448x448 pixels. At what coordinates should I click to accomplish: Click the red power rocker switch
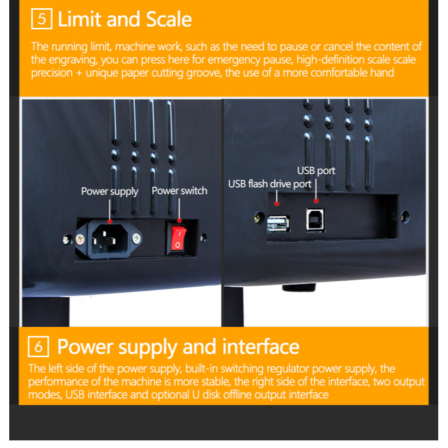(x=178, y=237)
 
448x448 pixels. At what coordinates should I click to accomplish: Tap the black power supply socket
(x=109, y=238)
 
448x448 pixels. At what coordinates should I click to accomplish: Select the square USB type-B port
(x=315, y=219)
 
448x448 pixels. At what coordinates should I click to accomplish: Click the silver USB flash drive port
(x=278, y=223)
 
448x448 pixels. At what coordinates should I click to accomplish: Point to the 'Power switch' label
(x=179, y=191)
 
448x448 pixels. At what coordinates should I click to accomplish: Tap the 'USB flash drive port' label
(x=269, y=184)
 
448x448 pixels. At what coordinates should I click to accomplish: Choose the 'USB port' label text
(x=316, y=171)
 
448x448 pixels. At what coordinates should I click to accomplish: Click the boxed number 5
(x=42, y=19)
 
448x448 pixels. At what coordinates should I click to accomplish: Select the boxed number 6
(x=39, y=346)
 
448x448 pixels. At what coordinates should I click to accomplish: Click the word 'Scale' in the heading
(x=169, y=20)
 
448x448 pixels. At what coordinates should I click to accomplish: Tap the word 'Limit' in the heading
(x=79, y=20)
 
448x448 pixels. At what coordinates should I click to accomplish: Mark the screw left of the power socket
(x=80, y=239)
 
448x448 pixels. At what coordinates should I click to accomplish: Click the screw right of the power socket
(x=137, y=238)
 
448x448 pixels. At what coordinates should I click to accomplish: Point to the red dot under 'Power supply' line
(x=110, y=222)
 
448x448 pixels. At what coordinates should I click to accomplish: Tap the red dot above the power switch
(x=179, y=220)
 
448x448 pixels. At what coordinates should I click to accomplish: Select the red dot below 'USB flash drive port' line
(x=276, y=204)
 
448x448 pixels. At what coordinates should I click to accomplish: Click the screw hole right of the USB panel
(x=405, y=217)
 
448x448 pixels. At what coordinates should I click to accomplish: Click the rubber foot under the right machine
(x=299, y=287)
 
